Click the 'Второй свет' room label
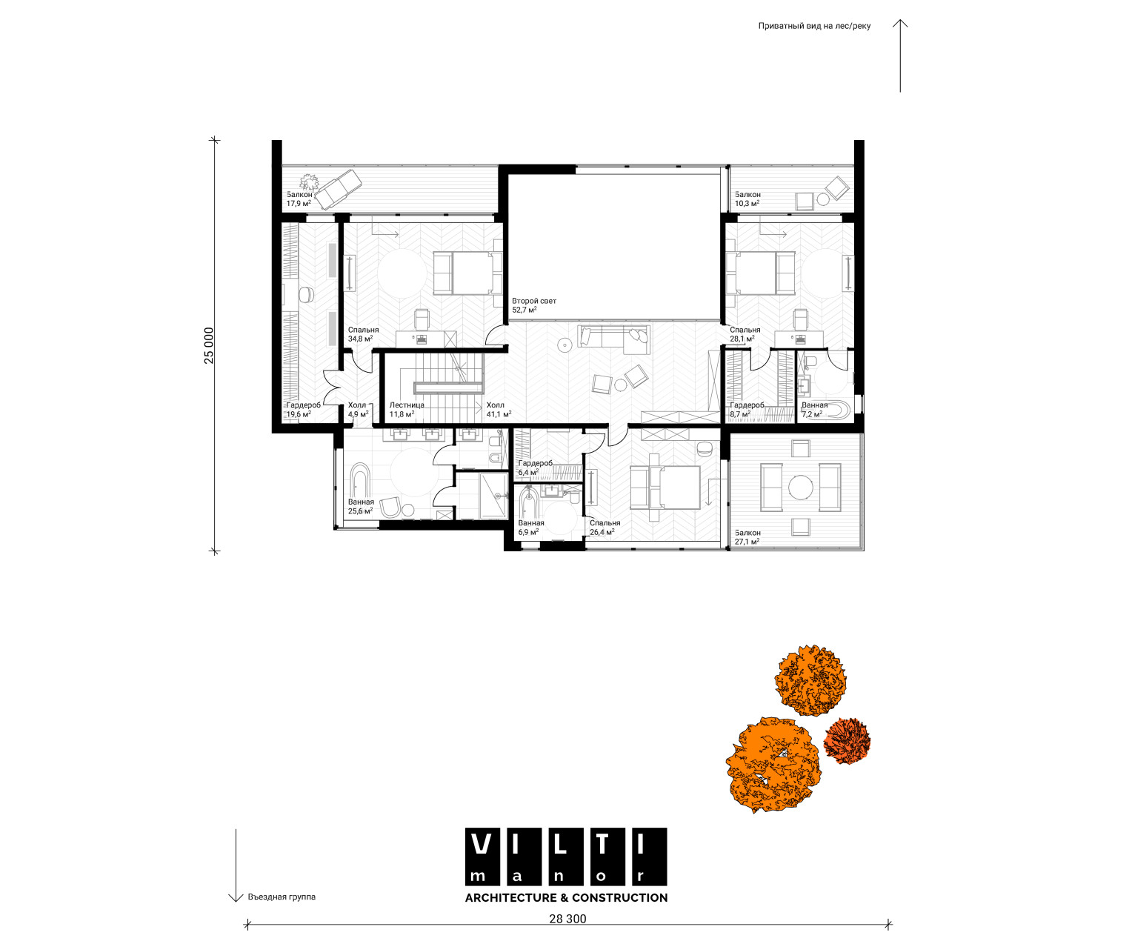pyautogui.click(x=533, y=301)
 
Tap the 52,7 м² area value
pyautogui.click(x=524, y=310)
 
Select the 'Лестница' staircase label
pyautogui.click(x=407, y=405)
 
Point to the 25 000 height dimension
pyautogui.click(x=209, y=345)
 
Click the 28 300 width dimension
pyautogui.click(x=567, y=919)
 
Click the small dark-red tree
pyautogui.click(x=847, y=740)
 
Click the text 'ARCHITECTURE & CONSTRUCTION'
pyautogui.click(x=566, y=897)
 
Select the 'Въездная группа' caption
pyautogui.click(x=282, y=897)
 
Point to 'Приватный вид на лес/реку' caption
pyautogui.click(x=814, y=26)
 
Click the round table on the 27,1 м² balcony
pyautogui.click(x=800, y=488)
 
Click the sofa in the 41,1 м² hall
pyautogui.click(x=613, y=336)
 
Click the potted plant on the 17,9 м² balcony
pyautogui.click(x=309, y=182)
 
